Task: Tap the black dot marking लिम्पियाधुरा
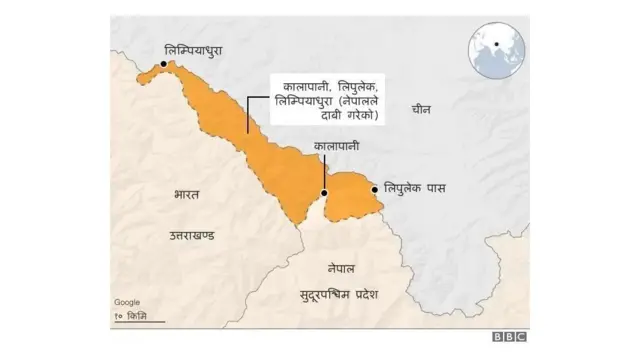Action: (x=164, y=66)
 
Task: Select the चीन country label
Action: (x=422, y=111)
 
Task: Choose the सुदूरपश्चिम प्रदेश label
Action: (x=340, y=294)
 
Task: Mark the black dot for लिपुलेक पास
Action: (x=376, y=188)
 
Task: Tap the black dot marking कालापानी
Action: (x=323, y=194)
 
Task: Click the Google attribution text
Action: (x=127, y=302)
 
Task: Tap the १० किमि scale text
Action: (x=130, y=316)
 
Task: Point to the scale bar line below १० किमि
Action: (x=130, y=324)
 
